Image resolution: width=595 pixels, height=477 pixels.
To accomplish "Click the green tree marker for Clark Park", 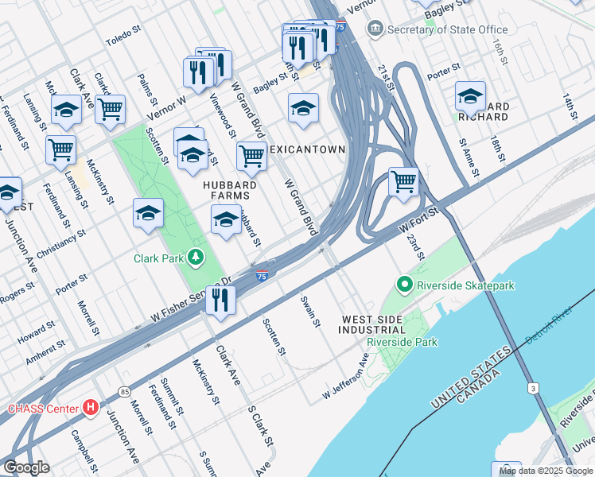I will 193,258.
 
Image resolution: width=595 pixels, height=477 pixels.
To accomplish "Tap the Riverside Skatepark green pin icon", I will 405,285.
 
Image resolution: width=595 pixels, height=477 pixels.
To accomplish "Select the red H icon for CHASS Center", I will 91,409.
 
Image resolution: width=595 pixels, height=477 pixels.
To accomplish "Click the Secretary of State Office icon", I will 375,29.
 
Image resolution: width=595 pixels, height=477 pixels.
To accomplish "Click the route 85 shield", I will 124,391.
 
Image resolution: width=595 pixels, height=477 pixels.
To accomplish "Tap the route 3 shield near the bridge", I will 532,388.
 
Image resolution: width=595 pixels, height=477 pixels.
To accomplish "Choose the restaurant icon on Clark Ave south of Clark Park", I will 220,300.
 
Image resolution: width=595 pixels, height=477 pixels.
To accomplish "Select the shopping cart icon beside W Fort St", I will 403,181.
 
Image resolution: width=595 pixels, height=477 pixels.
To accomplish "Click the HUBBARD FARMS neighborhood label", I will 220,189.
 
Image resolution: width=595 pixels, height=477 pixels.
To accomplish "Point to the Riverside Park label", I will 402,343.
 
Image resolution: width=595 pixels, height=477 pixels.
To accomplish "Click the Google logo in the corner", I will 26,467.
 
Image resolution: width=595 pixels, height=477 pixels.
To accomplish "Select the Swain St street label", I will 310,312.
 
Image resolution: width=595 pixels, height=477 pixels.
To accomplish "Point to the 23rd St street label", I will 416,246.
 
